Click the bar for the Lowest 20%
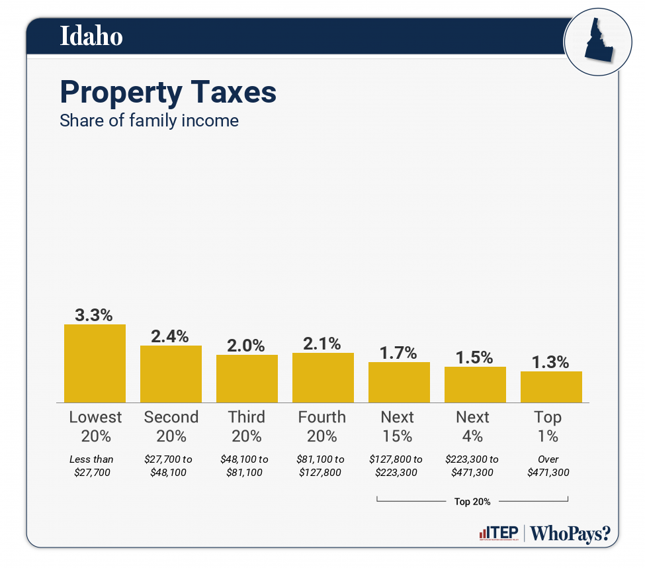point(95,363)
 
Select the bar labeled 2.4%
point(171,373)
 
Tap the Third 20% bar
point(247,378)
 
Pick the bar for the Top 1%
point(551,387)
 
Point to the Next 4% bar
point(475,384)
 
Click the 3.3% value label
point(95,315)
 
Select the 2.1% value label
point(323,344)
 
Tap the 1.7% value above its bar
point(399,353)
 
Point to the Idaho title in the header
point(91,36)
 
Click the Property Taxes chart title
point(168,92)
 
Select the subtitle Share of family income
point(149,121)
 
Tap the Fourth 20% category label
point(322,426)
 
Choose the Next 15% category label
point(398,426)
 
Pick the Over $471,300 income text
point(548,465)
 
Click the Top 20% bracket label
point(472,502)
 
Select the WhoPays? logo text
point(571,534)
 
